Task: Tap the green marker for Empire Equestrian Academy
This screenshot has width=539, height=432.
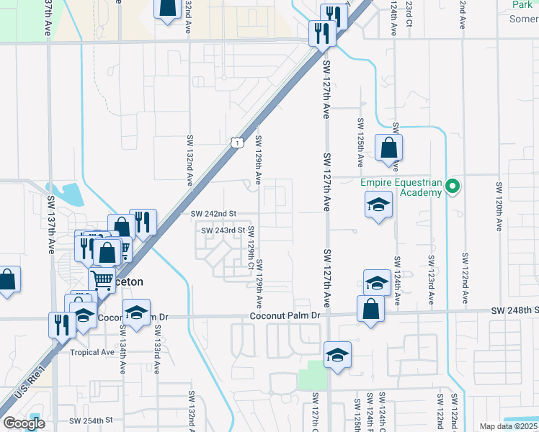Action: tap(453, 186)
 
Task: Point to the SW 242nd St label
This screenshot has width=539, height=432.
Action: tap(214, 214)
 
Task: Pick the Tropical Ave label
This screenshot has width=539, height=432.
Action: tap(92, 352)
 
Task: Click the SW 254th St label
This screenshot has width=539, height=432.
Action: tap(92, 420)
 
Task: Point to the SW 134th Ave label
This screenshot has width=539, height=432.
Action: tap(122, 348)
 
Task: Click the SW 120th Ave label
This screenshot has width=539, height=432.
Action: tap(499, 206)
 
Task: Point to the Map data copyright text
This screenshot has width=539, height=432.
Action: tap(508, 426)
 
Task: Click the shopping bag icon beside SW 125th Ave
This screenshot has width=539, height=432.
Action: tap(388, 148)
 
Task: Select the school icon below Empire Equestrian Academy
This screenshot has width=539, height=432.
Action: tap(378, 206)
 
